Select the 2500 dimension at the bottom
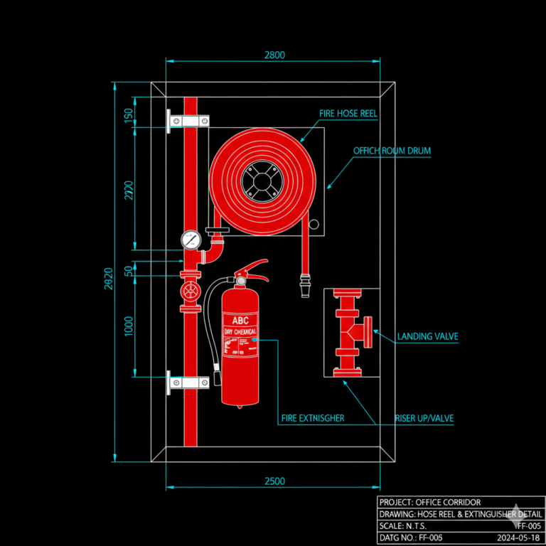274,481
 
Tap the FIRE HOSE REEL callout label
348,114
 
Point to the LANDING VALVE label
427,336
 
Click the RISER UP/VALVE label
424,418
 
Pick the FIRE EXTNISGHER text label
312,418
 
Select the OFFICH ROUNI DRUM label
392,151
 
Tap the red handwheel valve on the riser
190,291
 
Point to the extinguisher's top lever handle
254,267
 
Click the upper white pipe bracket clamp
188,121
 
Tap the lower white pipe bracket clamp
188,383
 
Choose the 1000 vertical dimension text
129,326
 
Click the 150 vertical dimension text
129,115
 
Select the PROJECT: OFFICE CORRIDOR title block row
429,503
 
